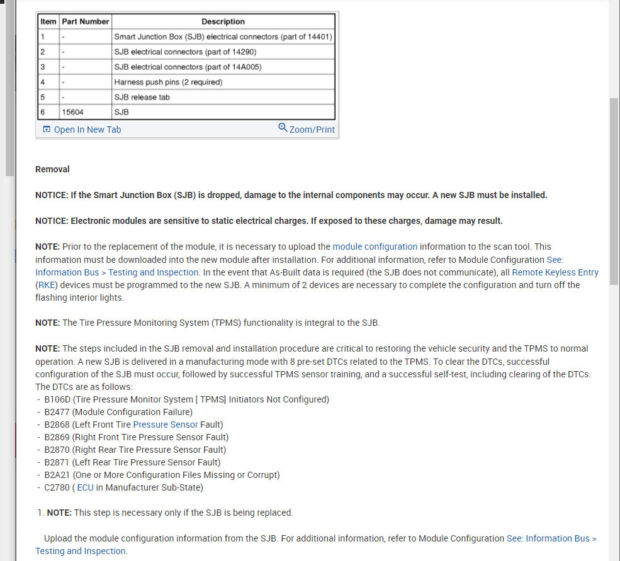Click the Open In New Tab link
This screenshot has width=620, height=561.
click(87, 130)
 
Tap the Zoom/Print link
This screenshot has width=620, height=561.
click(312, 130)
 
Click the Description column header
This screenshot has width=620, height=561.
click(223, 21)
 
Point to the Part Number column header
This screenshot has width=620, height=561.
click(86, 21)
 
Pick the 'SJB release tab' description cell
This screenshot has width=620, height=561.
click(142, 97)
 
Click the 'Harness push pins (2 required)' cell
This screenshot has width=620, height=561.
click(168, 82)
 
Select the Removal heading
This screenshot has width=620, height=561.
click(52, 169)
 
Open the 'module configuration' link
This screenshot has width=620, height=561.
click(375, 247)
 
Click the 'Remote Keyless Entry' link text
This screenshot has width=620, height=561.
click(555, 272)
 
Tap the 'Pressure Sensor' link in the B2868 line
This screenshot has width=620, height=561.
click(166, 425)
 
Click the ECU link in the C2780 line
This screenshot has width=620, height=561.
click(85, 487)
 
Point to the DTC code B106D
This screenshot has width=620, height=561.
click(57, 399)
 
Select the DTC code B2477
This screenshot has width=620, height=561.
click(57, 412)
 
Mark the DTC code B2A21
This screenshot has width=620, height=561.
click(57, 475)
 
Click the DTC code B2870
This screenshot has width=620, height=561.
click(57, 450)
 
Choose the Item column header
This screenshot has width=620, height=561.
click(48, 21)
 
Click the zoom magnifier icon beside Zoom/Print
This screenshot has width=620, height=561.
click(283, 128)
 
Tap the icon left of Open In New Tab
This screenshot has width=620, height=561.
click(47, 130)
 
